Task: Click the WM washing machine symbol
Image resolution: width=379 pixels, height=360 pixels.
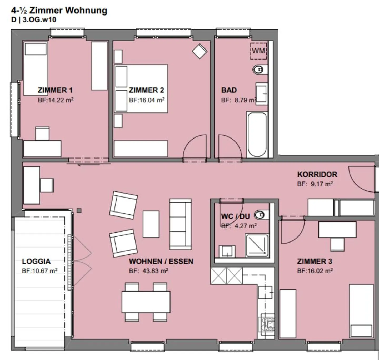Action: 258,51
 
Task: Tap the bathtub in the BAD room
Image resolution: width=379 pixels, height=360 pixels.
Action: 257,135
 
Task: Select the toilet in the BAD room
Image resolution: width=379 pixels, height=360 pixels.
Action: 260,70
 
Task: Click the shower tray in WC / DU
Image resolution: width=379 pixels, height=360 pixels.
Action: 257,245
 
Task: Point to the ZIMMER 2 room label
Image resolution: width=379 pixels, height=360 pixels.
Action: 146,90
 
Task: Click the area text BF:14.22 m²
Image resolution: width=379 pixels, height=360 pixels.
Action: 56,100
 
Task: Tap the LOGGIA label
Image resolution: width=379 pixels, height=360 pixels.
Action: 36,262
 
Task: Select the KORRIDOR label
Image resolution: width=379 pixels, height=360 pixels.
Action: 317,174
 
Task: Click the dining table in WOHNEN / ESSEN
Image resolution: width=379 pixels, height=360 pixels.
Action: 146,302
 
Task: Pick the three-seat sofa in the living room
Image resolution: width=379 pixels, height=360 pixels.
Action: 181,224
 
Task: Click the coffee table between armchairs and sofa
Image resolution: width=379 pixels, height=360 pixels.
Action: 151,224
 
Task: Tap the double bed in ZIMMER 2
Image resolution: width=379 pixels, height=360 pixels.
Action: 141,88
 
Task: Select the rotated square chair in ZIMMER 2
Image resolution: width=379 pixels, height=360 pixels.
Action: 200,51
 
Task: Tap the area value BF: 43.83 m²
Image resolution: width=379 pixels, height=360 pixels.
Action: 148,271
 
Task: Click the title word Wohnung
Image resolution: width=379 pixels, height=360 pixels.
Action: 86,11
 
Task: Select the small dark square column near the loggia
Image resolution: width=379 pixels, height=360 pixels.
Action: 79,210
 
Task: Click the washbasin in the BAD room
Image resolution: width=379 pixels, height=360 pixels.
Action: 262,94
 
